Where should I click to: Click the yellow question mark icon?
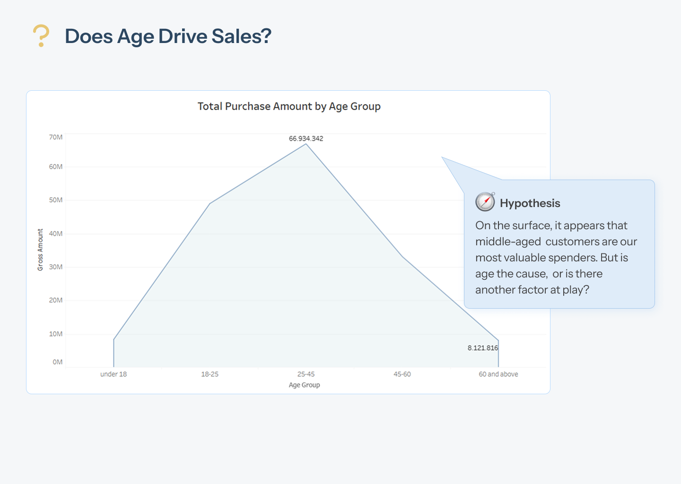41,36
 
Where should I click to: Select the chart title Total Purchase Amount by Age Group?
289,106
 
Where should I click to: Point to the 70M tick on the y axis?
56,137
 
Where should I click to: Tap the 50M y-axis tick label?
56,200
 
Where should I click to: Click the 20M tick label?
56,300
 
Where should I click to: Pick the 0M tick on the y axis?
58,362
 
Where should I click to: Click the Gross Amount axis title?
40,250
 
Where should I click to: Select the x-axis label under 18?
113,374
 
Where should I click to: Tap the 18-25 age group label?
210,374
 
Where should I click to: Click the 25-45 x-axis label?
306,374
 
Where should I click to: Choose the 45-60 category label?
402,374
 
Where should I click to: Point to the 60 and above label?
498,374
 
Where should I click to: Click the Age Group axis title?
305,385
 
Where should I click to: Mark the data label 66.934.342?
306,138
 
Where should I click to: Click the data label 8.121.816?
483,348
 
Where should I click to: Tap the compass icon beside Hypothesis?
485,202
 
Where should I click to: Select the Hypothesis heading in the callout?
530,203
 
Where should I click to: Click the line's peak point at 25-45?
306,144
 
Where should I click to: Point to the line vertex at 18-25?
210,204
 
